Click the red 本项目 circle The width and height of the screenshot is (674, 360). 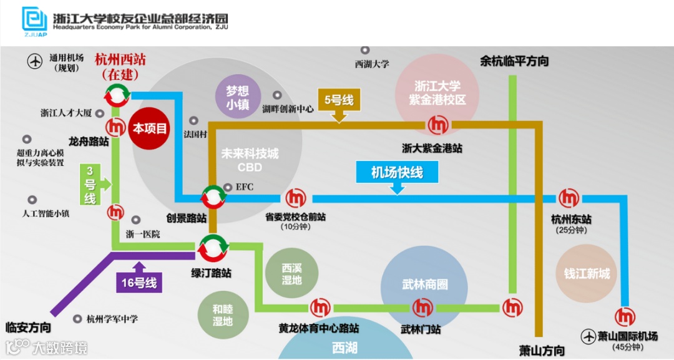click(150, 129)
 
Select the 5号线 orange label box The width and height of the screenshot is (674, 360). click(339, 100)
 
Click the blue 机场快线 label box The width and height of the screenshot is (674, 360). click(397, 172)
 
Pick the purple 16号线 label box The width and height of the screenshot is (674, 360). click(139, 282)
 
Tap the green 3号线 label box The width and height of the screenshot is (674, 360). click(90, 185)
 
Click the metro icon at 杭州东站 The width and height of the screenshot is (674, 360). click(569, 198)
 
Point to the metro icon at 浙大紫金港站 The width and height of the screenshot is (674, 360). click(437, 125)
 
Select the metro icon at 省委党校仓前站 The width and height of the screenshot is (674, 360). click(296, 198)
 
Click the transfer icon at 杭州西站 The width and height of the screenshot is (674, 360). click(117, 95)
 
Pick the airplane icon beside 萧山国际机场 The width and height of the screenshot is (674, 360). click(588, 336)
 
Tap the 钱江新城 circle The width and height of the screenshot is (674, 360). click(586, 274)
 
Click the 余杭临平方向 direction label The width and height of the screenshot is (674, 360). click(514, 61)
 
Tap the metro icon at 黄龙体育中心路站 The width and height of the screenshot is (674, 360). click(321, 308)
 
